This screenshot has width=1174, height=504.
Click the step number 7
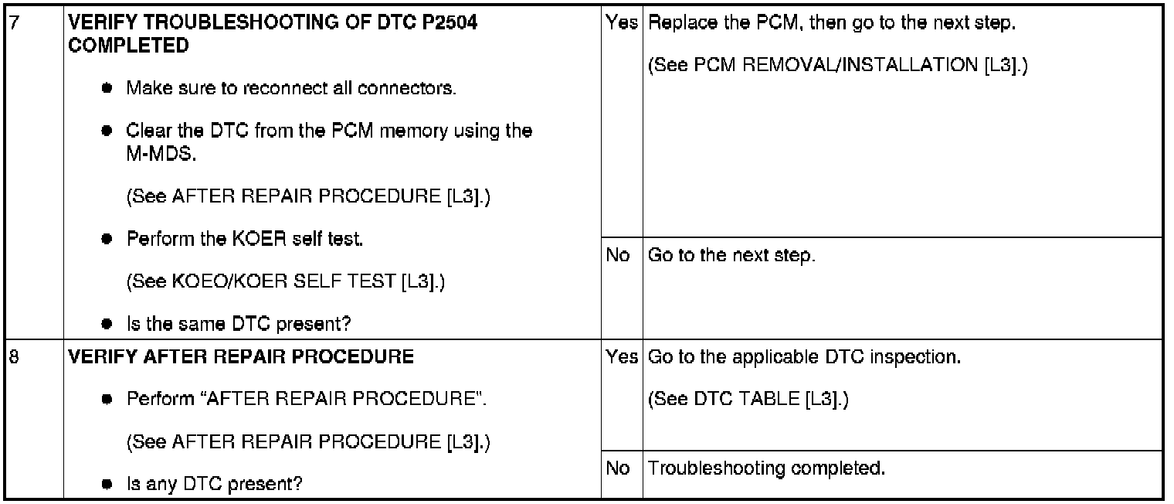(x=10, y=24)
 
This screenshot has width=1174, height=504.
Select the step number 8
(x=10, y=358)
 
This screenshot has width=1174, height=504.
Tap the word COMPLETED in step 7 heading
(x=128, y=46)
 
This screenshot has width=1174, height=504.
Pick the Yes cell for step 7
(x=621, y=24)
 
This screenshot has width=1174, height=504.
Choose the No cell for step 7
(x=618, y=256)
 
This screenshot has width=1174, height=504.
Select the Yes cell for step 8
(x=621, y=358)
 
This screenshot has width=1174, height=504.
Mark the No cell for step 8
(x=618, y=468)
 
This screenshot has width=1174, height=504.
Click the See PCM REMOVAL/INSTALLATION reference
(x=837, y=66)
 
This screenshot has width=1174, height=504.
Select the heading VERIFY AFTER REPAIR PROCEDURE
(x=241, y=358)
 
